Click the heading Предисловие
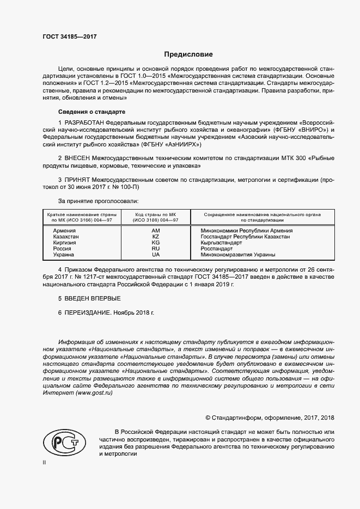click(189, 54)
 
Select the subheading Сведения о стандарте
click(88, 111)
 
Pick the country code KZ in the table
click(156, 237)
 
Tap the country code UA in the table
click(156, 255)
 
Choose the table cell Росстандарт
click(217, 249)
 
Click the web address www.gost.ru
click(94, 393)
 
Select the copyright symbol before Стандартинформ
click(208, 419)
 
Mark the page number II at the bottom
click(45, 462)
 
